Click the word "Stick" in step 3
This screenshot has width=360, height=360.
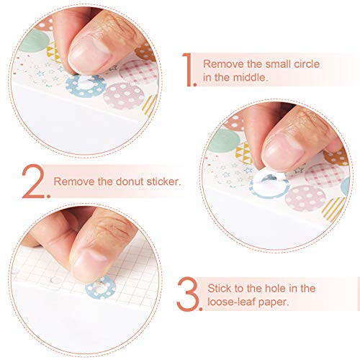[217, 288]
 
